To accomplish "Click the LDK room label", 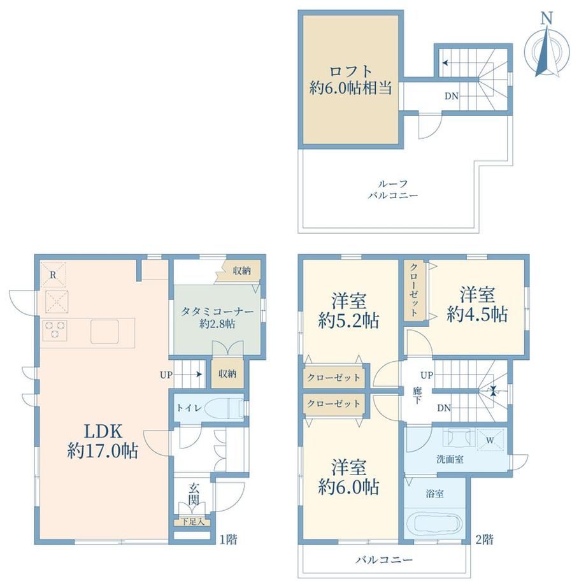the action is coord(103,441).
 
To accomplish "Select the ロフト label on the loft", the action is coord(350,71).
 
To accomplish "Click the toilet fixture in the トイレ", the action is coord(227,408).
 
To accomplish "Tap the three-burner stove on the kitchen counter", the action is coord(55,330).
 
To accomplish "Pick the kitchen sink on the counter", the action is coord(104,331).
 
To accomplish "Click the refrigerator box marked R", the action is coord(53,275).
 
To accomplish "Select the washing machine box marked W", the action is coord(490,440).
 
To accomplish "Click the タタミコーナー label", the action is coord(217,311).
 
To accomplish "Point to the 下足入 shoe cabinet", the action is coord(193,522).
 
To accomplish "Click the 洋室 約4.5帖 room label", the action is coord(477,304).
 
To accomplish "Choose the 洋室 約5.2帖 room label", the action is coord(348,310).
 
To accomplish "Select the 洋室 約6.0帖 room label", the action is coord(348,477).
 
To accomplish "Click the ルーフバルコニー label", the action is coord(392,189).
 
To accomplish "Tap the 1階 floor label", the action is coord(228,540).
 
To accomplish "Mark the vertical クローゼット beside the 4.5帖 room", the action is coord(414,290).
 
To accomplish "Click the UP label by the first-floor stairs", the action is coord(166,375).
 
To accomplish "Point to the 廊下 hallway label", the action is coord(417,395).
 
